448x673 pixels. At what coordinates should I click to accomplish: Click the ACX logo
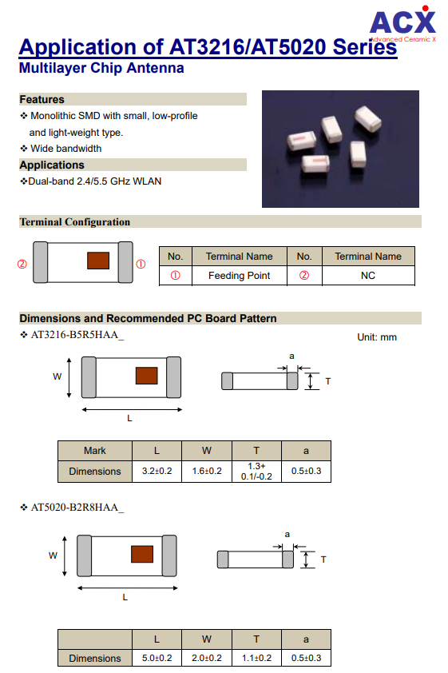(x=402, y=24)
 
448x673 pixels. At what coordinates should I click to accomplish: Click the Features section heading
(x=42, y=100)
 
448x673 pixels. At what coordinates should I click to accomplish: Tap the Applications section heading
(x=52, y=165)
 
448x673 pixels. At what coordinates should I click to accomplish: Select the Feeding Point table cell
(x=240, y=276)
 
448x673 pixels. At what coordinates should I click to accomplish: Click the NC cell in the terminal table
(x=368, y=276)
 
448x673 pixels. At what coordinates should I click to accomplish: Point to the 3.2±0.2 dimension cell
(x=157, y=471)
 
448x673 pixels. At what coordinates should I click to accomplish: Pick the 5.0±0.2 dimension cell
(x=157, y=658)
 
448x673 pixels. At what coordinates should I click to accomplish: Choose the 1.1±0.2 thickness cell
(x=256, y=658)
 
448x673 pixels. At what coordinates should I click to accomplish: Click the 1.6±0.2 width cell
(x=207, y=471)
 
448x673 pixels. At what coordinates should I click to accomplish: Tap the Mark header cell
(x=95, y=451)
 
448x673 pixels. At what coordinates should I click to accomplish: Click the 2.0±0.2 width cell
(x=207, y=658)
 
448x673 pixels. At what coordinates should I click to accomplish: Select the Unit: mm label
(x=377, y=337)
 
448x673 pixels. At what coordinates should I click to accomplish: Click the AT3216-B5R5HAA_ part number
(x=77, y=335)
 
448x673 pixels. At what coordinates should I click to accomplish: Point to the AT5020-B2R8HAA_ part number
(x=77, y=508)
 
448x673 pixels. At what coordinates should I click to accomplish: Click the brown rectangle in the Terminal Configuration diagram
(x=98, y=261)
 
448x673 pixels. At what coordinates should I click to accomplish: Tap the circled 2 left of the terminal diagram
(x=22, y=264)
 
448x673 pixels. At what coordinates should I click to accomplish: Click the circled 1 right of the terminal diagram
(x=141, y=264)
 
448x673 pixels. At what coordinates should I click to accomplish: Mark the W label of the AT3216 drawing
(x=57, y=376)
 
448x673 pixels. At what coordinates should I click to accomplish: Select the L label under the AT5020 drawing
(x=125, y=597)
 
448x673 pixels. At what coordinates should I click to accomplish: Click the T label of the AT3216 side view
(x=328, y=381)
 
